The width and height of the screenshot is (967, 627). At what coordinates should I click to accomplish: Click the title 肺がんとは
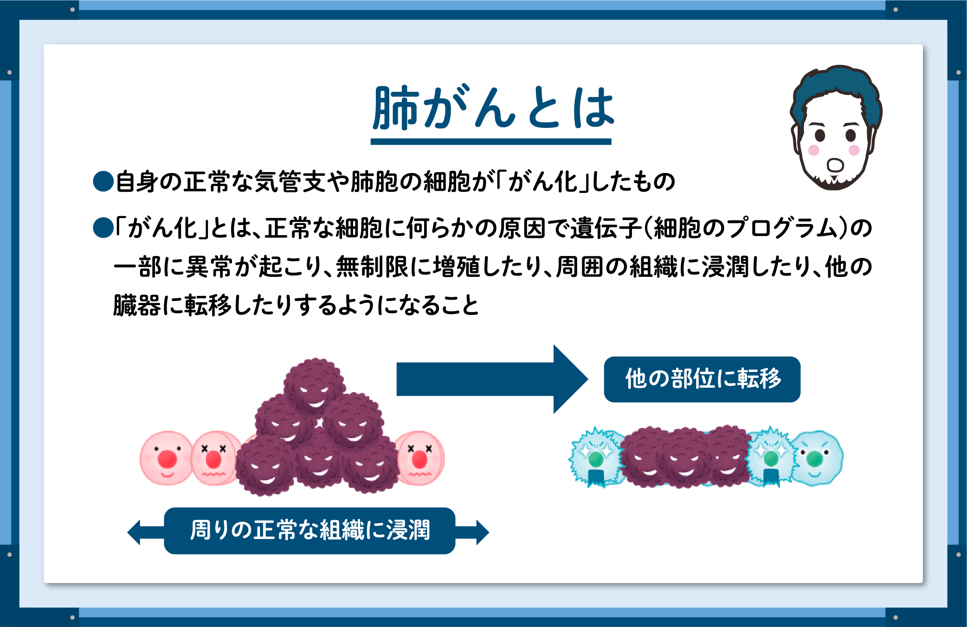point(494,108)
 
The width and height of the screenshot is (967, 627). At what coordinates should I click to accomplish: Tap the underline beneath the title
point(491,142)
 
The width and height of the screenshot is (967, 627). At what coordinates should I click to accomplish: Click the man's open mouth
point(835,165)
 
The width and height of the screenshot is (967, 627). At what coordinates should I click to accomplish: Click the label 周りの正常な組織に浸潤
point(309,531)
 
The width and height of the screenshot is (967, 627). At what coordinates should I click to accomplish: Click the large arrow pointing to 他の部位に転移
point(492,379)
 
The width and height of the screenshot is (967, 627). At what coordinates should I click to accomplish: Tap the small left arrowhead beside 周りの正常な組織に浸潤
point(134,532)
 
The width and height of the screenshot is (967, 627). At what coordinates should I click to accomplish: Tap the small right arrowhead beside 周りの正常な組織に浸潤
point(483,532)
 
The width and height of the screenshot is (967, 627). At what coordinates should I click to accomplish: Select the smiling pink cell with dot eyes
point(167,458)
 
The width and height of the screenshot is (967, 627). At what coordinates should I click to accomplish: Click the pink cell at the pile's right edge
point(420,458)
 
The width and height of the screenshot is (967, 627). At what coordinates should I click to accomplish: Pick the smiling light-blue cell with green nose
point(817,458)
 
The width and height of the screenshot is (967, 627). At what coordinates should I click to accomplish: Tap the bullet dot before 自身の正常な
point(103,181)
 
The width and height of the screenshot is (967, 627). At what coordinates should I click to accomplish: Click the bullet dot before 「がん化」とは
point(103,228)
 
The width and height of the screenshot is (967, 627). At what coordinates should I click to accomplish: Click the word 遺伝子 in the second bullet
point(606,228)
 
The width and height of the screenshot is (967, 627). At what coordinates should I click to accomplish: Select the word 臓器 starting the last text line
point(137,305)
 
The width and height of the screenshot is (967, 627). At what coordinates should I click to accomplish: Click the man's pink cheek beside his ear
point(814,150)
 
